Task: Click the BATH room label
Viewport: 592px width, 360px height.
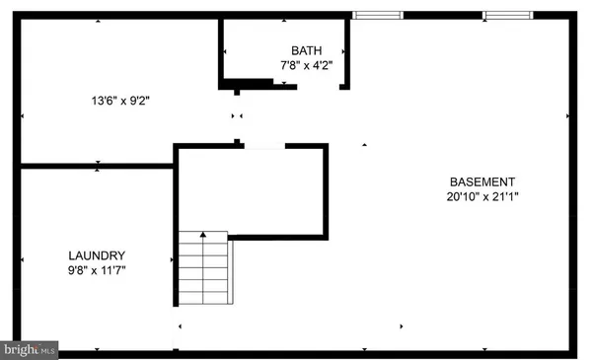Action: [306, 51]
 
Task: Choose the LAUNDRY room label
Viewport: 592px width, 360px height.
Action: [97, 253]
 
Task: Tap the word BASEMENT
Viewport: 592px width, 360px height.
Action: [482, 181]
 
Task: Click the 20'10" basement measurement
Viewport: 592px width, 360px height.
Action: [462, 197]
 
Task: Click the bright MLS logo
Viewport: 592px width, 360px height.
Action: [30, 349]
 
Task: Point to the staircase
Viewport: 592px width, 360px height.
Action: [203, 269]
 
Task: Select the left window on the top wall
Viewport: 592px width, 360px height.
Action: [378, 14]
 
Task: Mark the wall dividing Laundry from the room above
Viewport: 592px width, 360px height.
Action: [97, 165]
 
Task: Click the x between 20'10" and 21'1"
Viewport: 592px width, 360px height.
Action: [483, 197]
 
